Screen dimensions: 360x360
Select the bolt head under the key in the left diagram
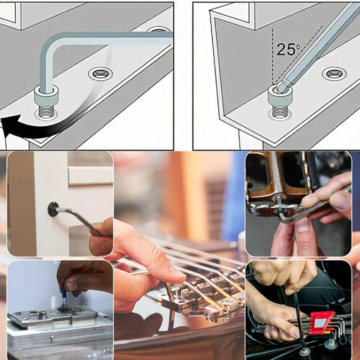[47, 97]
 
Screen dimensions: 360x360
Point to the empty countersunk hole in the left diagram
[99, 73]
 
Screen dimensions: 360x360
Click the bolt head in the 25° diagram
[279, 95]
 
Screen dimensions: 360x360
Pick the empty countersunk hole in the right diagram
[334, 73]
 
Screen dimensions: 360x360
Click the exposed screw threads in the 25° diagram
[279, 112]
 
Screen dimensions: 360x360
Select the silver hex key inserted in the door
[79, 218]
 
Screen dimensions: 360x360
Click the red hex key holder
[321, 322]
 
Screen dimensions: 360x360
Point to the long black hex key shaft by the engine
[299, 319]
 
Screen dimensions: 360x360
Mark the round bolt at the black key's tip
[304, 350]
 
